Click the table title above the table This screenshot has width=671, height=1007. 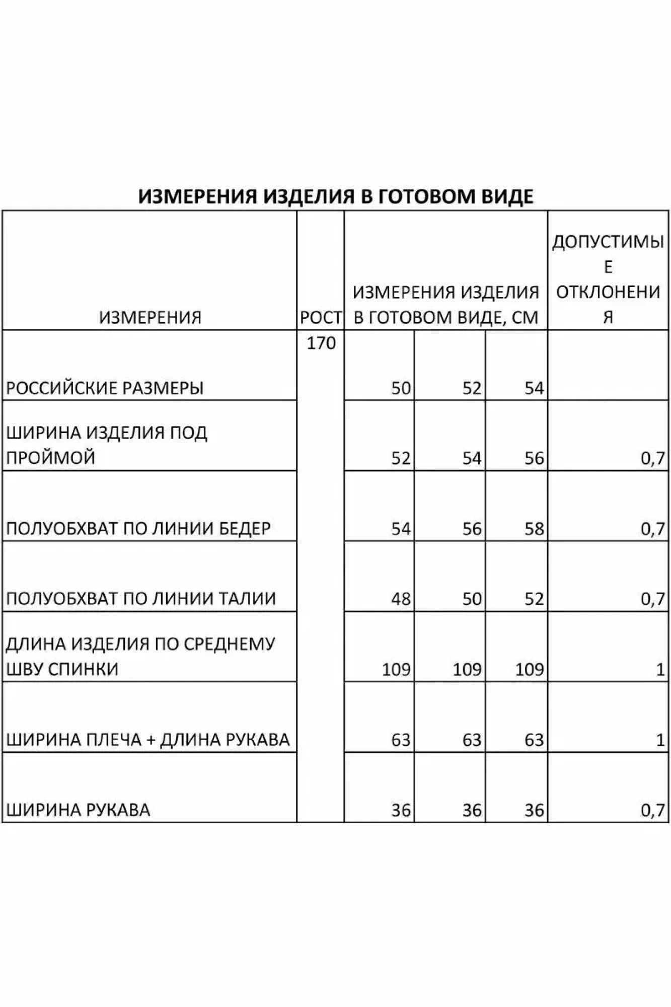(335, 196)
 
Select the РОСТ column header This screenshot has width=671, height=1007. (321, 318)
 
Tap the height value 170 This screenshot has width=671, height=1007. (321, 343)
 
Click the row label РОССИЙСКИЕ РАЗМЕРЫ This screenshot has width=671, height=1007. (105, 388)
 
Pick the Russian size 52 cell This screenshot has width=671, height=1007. (472, 388)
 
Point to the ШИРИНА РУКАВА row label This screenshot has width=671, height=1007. (78, 810)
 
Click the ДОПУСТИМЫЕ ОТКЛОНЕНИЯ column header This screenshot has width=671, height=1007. (608, 279)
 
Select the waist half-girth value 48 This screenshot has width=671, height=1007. (401, 599)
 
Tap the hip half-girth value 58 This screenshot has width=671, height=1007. (534, 529)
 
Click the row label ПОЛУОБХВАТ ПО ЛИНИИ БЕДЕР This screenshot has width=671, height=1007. (138, 529)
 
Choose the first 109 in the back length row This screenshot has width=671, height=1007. (396, 670)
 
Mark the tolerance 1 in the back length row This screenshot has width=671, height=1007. (660, 670)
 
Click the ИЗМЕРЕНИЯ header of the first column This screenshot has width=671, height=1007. (150, 318)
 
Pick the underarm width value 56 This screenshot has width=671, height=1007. (534, 458)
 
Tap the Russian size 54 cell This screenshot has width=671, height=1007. (534, 388)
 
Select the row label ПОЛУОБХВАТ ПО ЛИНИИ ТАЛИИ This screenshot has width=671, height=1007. (141, 599)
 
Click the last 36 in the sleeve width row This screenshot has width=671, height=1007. (534, 810)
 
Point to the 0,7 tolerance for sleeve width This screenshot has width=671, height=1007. (653, 810)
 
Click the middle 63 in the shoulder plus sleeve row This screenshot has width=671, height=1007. (472, 740)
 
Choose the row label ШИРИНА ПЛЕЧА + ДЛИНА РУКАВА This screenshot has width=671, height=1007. (148, 740)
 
